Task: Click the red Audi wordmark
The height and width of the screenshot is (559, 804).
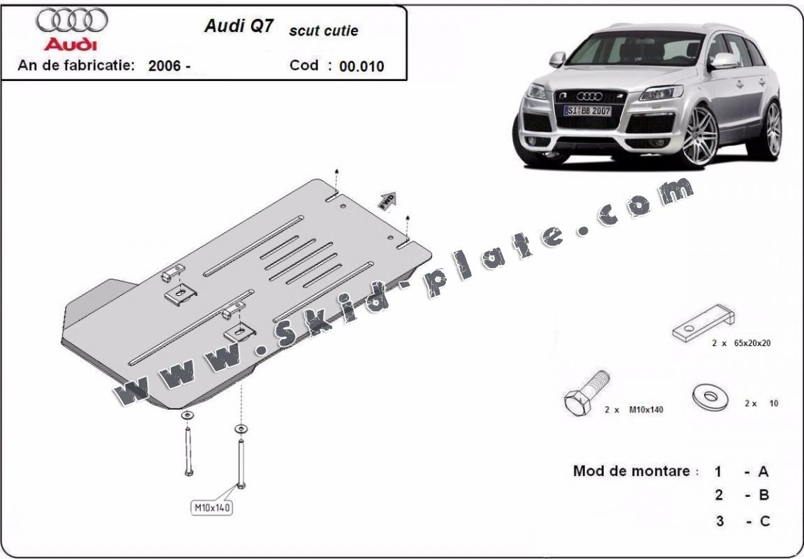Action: point(71,44)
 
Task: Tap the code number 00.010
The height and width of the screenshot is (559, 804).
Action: point(362,67)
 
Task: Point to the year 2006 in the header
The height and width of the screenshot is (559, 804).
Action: point(165,67)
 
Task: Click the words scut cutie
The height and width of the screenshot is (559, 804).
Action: point(323,31)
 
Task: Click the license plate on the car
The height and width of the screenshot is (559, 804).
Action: point(588,111)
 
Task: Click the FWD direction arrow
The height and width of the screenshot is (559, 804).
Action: point(387,200)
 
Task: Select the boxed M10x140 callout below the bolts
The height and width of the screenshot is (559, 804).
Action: point(211,507)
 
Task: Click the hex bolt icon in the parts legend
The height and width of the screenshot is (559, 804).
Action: point(585,394)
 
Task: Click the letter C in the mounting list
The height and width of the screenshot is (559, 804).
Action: point(764,521)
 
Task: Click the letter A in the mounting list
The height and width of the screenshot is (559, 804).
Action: point(764,471)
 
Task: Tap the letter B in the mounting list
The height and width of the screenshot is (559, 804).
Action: point(764,495)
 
